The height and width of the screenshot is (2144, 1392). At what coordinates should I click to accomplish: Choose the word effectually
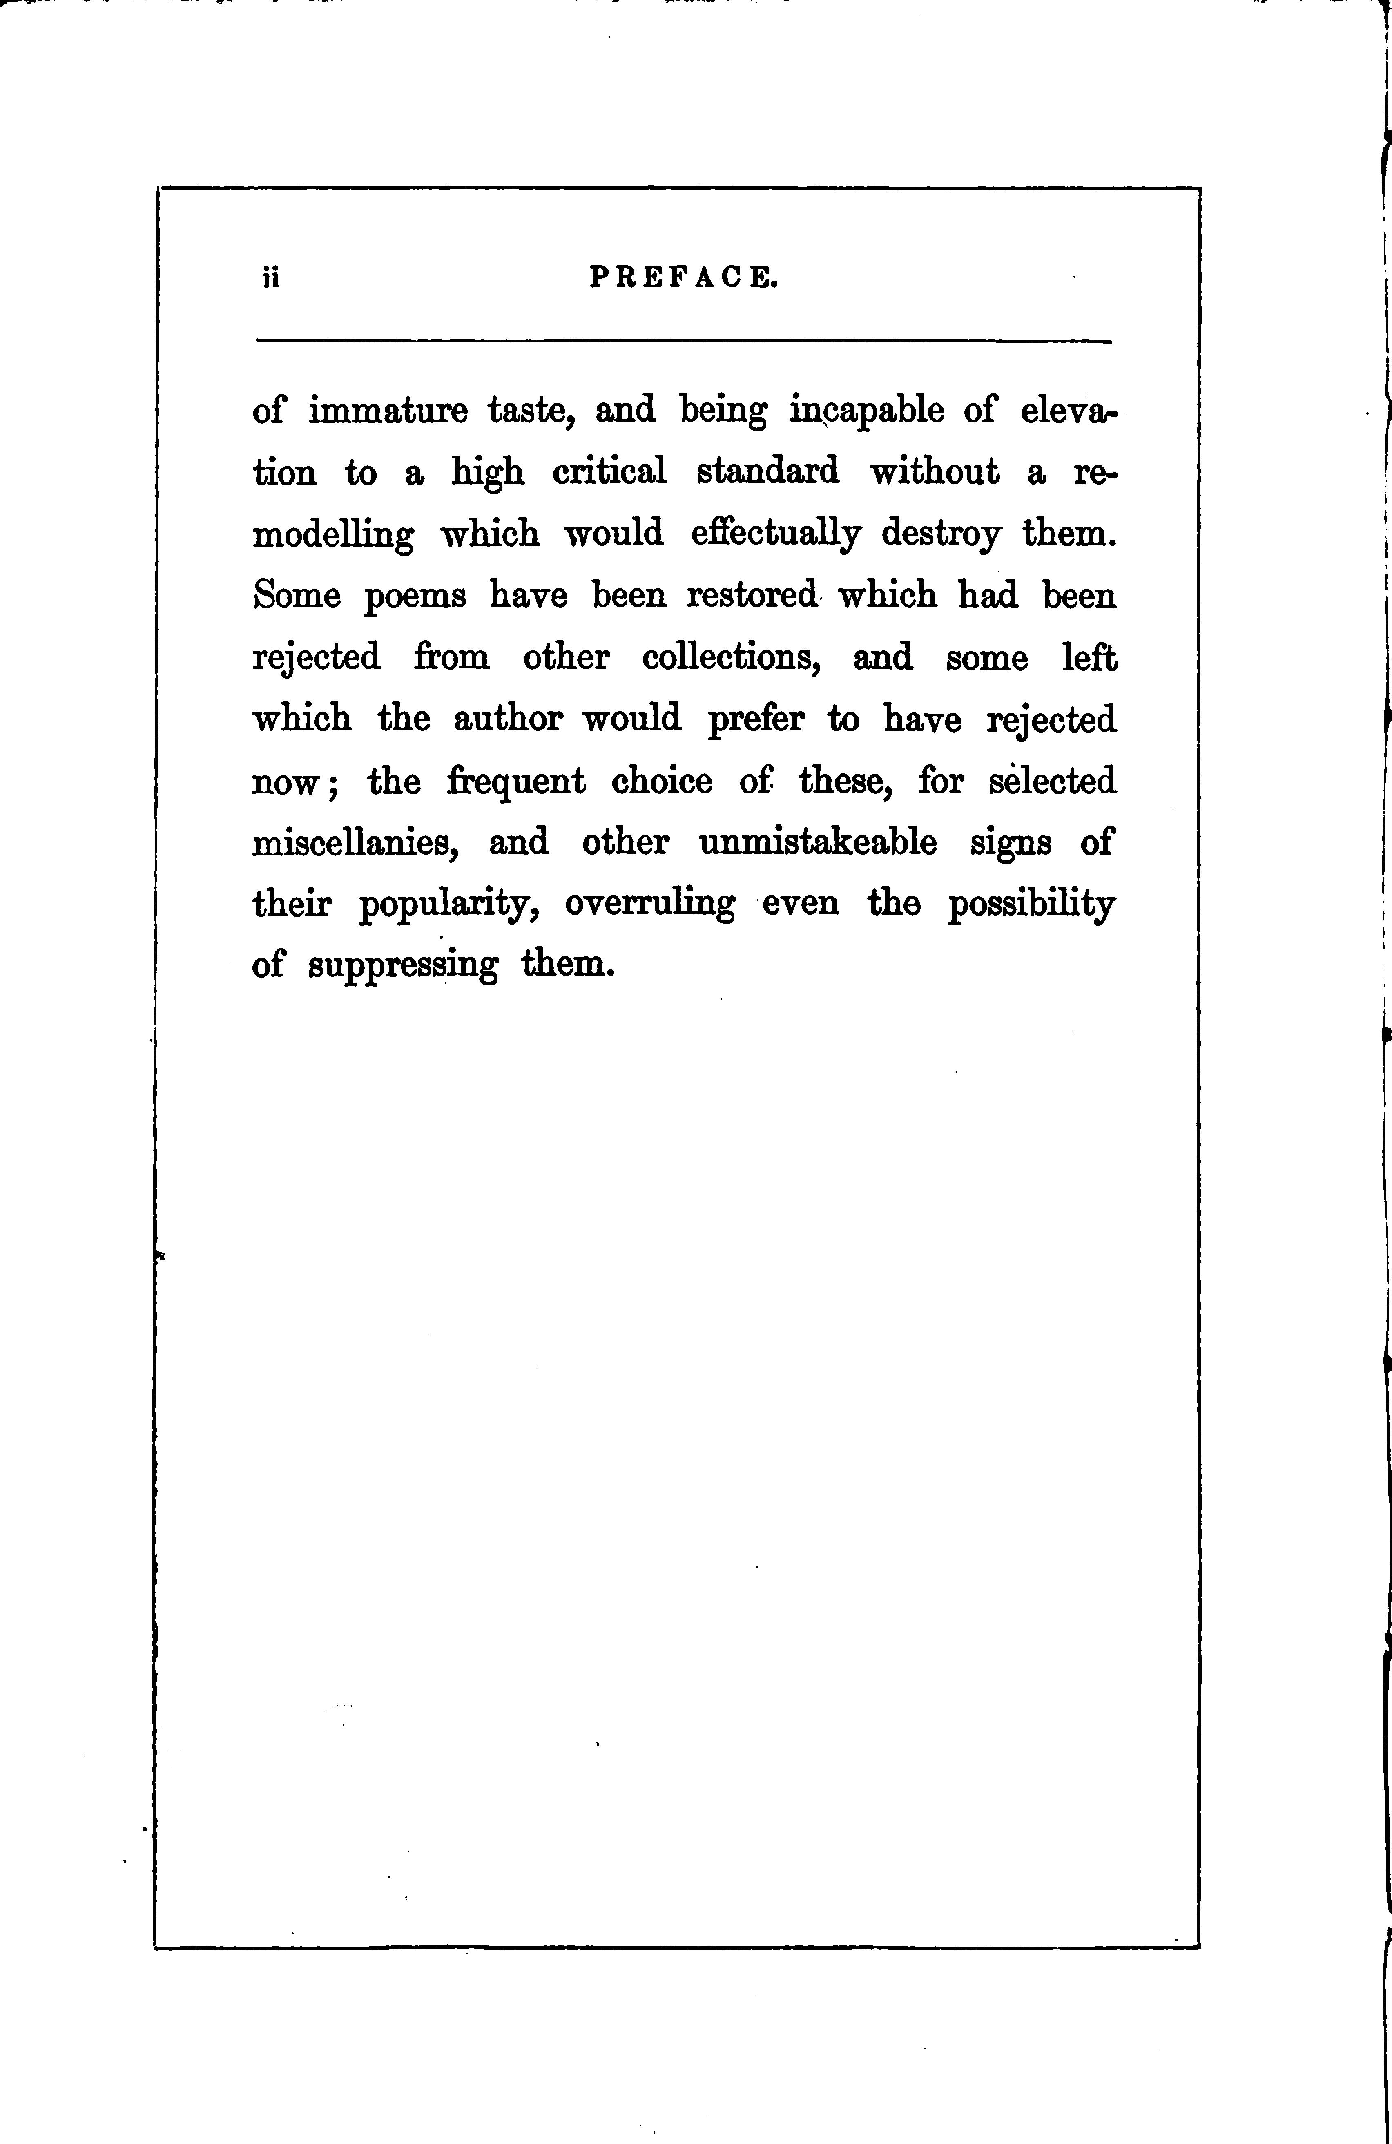tap(774, 534)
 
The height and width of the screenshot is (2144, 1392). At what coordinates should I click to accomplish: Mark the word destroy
tap(941, 534)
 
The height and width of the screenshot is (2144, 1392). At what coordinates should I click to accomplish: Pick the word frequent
tap(517, 782)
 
